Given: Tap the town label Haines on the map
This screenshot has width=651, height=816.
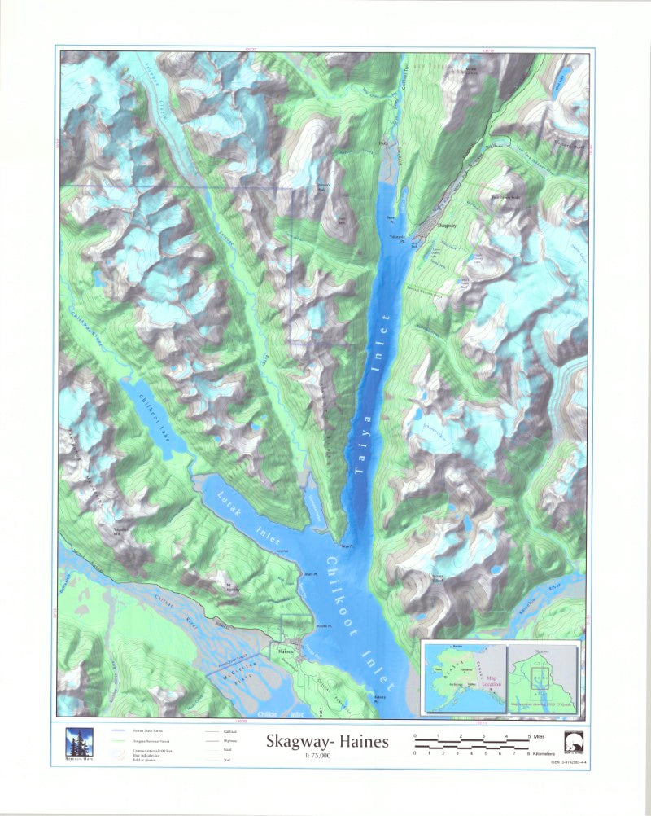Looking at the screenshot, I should click(286, 651).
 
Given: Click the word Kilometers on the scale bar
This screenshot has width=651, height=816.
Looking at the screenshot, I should click(553, 755).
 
